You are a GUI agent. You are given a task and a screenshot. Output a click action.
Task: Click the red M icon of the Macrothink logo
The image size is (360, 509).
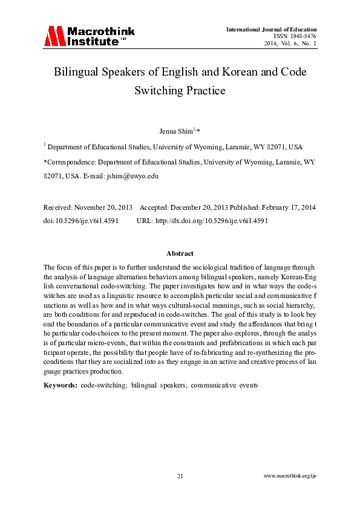54,36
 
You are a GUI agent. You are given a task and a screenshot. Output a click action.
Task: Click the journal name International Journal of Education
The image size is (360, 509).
271,30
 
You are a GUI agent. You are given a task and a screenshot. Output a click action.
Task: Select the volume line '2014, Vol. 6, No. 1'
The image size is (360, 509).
290,44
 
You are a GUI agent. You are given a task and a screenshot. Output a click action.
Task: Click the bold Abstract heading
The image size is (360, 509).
180,253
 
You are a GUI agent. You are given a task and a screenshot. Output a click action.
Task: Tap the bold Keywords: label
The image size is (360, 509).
60,384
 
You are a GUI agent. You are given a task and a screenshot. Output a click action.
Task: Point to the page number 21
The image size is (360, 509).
180,476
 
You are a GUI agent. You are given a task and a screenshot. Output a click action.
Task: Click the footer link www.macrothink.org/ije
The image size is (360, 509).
290,476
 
